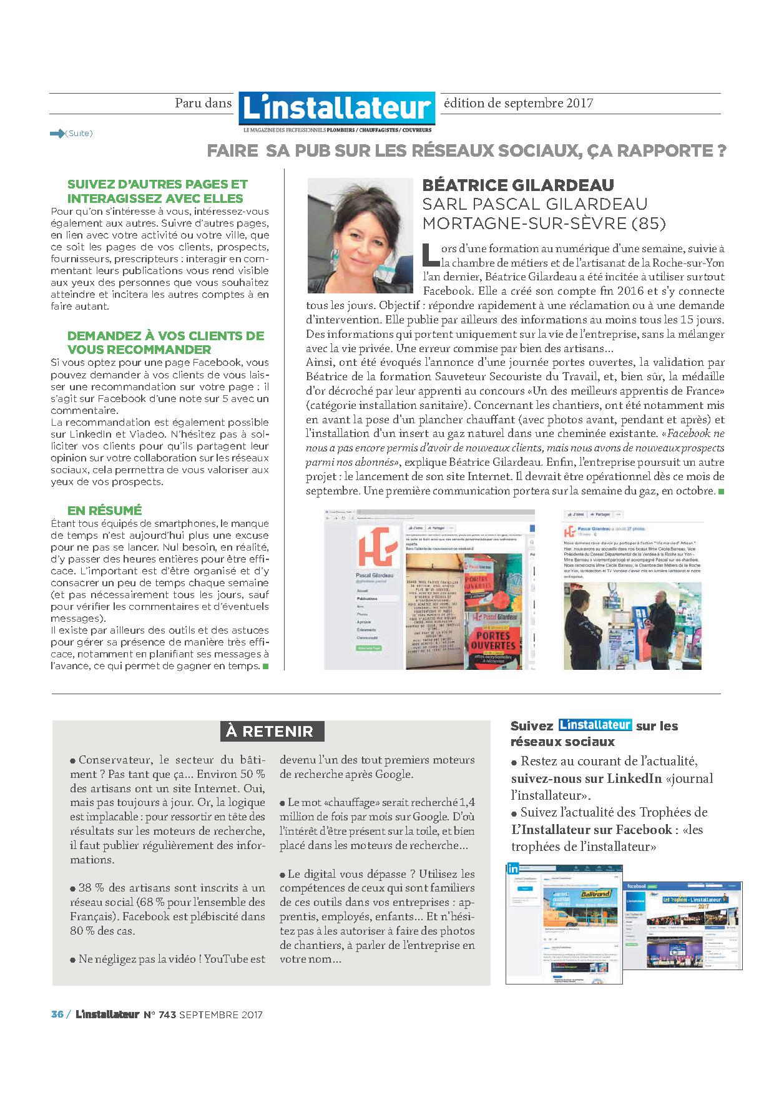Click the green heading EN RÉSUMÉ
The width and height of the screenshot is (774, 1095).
click(x=104, y=510)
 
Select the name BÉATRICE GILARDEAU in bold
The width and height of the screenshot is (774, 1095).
click(x=518, y=185)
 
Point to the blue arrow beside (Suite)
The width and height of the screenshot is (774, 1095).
click(x=57, y=133)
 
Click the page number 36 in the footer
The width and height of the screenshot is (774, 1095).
click(x=57, y=1014)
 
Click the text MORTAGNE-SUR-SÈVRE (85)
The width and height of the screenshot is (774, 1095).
click(x=544, y=223)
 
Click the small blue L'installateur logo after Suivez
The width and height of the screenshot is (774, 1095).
click(x=595, y=725)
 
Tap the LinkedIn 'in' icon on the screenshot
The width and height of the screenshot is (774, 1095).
click(x=514, y=868)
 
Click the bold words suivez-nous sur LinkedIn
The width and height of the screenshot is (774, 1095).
click(x=585, y=778)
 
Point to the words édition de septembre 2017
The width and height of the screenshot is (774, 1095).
click(x=518, y=103)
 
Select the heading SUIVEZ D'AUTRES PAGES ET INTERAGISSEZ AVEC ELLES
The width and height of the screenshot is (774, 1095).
click(x=157, y=191)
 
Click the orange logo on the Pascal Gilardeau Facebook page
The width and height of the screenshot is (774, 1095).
click(x=376, y=547)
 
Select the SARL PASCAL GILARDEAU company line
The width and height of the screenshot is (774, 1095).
click(x=535, y=204)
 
